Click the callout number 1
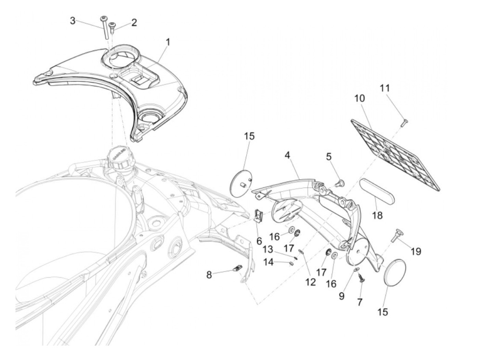coord(168,42)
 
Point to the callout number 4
coord(287,155)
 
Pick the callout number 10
coord(359,98)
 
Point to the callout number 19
coord(416,252)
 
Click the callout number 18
coord(378,215)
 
